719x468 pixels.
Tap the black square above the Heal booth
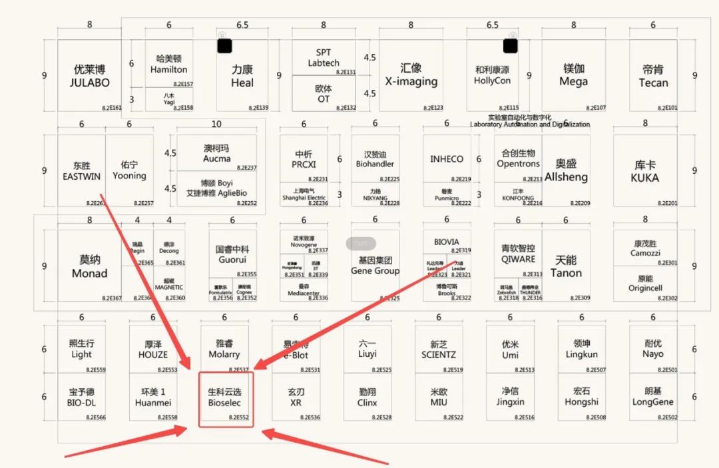[x=224, y=45]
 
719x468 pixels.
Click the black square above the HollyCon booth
[x=511, y=45]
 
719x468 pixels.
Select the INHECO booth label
[x=447, y=159]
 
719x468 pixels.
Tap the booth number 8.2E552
[x=238, y=417]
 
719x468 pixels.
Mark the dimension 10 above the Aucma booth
[x=216, y=124]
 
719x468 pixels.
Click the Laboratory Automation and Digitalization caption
[x=530, y=124]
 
